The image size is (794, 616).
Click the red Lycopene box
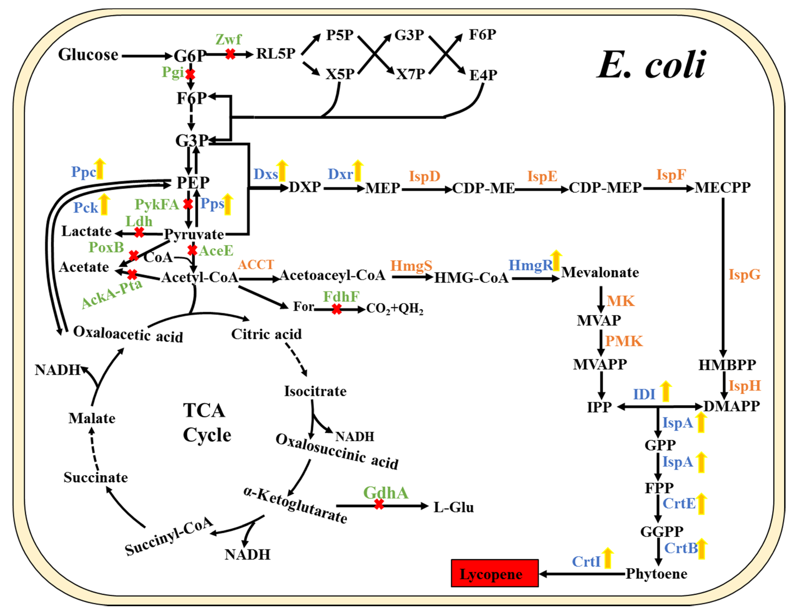coord(494,573)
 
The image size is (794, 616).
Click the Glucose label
coord(88,55)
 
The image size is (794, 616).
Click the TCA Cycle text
coord(206,422)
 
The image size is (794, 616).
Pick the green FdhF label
coord(341,297)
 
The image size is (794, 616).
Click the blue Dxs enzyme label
coord(265,175)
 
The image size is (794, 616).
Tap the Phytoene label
coord(656,574)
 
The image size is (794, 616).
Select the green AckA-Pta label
coord(112,294)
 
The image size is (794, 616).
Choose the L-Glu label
coord(453,507)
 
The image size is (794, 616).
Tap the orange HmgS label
coord(411,266)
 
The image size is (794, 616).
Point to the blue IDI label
coord(644,394)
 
